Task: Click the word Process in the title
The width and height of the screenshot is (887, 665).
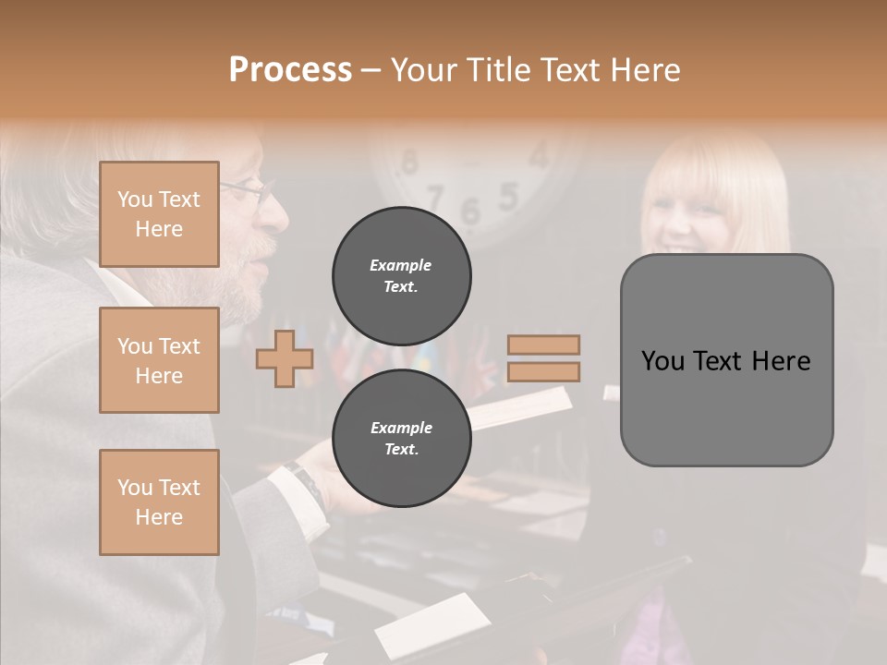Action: (x=290, y=69)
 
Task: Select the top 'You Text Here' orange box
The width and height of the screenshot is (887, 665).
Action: (x=159, y=214)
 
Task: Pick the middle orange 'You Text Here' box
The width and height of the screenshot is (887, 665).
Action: (x=159, y=360)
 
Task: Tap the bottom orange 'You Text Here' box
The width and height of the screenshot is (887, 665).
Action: (x=159, y=502)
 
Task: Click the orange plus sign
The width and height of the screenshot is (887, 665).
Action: (x=285, y=358)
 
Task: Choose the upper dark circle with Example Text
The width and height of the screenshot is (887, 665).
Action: (x=402, y=275)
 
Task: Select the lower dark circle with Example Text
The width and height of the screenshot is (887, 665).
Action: (x=402, y=438)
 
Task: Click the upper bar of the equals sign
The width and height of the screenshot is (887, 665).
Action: (x=543, y=345)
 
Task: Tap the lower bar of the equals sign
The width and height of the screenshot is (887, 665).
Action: (x=543, y=371)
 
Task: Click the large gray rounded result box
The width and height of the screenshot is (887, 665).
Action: (x=726, y=360)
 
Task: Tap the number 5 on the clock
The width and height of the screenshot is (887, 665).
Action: (x=508, y=196)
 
